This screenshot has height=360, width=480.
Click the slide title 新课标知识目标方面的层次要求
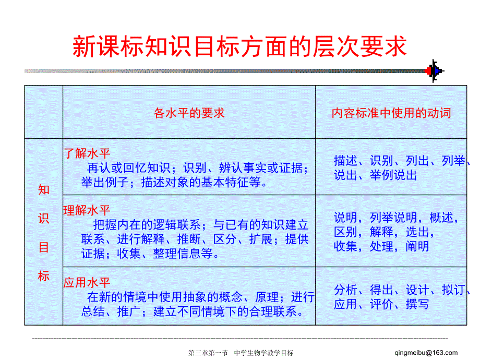[239, 46]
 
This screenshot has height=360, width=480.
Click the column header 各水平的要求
[189, 113]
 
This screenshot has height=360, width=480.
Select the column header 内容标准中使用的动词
[391, 113]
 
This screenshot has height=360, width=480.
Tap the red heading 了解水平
[87, 153]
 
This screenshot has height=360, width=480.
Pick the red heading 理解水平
[87, 210]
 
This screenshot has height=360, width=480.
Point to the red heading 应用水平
[87, 282]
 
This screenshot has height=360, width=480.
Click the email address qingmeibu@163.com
[426, 353]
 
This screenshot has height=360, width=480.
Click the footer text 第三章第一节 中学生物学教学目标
[241, 353]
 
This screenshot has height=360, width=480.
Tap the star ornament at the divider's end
[434, 71]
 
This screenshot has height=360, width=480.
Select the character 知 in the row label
[44, 190]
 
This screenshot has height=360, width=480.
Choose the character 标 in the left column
[44, 276]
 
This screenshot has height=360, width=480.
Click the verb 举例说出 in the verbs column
[393, 175]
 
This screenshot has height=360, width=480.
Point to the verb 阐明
[417, 246]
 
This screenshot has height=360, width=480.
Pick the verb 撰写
[417, 304]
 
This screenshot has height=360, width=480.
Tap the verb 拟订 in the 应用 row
[453, 290]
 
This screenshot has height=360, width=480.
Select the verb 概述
[441, 218]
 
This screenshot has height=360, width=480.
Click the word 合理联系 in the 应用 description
[273, 311]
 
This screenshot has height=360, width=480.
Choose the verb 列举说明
[393, 218]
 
